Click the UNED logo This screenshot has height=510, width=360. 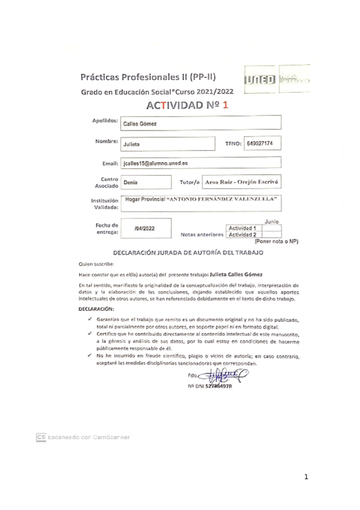point(260,80)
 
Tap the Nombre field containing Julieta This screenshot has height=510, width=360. point(168,144)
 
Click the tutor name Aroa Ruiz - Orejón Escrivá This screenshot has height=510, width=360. point(241,181)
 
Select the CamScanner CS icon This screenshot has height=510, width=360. point(41,437)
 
